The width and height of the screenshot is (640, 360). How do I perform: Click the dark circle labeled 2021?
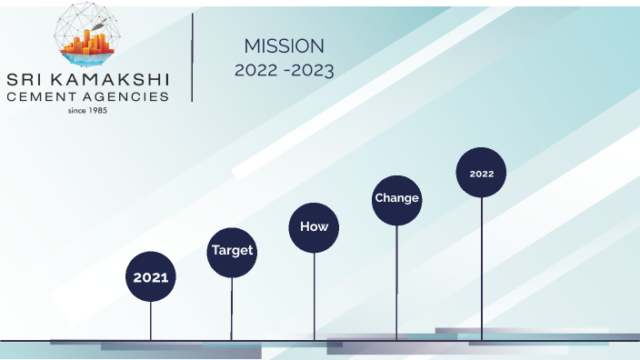(x=151, y=277)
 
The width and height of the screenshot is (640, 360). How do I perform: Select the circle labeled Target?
(x=232, y=250)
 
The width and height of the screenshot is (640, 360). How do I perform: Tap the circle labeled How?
(x=314, y=227)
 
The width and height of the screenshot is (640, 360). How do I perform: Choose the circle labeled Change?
(x=396, y=198)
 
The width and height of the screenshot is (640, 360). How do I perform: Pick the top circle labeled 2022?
(x=481, y=173)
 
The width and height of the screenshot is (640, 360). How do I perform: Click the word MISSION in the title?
(x=284, y=46)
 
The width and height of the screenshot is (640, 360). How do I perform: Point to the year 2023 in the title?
(x=313, y=70)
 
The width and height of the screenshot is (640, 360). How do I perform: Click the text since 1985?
(x=88, y=111)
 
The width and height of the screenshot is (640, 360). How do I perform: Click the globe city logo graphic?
(x=87, y=35)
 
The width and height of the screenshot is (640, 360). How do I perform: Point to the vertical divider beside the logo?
(x=193, y=57)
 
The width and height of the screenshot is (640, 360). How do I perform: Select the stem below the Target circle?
(x=232, y=309)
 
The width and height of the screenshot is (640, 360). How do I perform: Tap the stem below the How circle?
(x=315, y=296)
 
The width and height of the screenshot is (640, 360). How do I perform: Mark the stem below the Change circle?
(x=396, y=282)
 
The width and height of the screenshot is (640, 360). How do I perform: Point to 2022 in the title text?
(x=254, y=70)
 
